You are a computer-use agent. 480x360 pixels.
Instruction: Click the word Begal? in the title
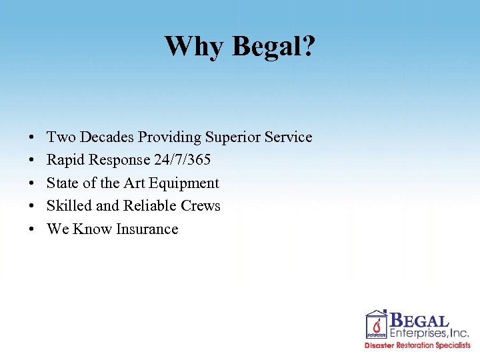tap(274, 46)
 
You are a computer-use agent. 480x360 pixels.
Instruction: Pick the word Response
tap(117, 160)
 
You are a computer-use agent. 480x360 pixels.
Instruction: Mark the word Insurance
tap(147, 229)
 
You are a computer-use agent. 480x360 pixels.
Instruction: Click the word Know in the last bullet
tap(93, 229)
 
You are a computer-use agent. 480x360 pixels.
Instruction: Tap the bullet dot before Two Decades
tap(32, 138)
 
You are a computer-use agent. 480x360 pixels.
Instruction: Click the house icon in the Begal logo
tap(377, 324)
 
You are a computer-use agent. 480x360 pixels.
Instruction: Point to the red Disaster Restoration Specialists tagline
tap(417, 345)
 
